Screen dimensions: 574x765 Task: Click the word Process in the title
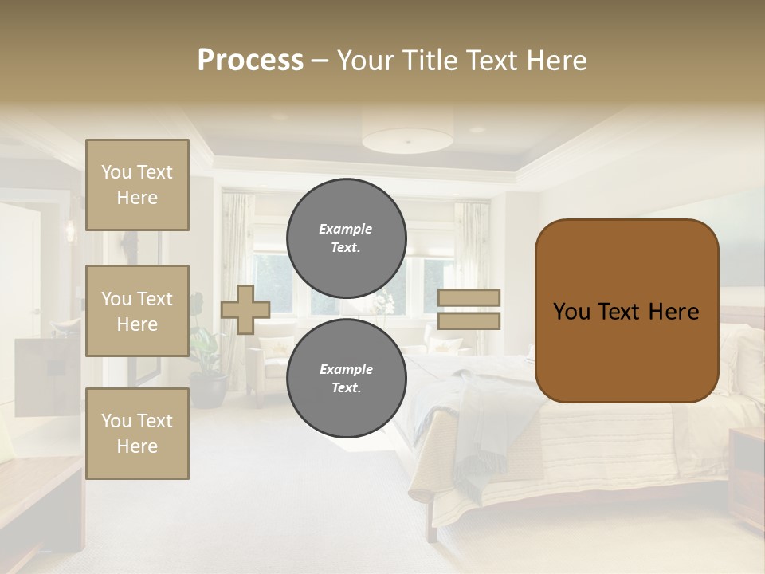(250, 61)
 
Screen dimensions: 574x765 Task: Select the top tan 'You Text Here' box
(137, 185)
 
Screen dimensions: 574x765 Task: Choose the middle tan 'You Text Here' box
(137, 311)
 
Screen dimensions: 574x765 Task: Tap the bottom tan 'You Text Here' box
(137, 434)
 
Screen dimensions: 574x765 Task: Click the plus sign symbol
(245, 309)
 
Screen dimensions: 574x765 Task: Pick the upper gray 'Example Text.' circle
(346, 238)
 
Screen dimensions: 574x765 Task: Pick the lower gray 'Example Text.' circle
(346, 378)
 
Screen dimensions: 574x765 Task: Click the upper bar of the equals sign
(469, 297)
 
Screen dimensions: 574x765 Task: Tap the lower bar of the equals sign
(469, 320)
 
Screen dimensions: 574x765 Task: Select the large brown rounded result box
(626, 311)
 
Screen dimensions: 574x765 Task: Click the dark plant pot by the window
(209, 391)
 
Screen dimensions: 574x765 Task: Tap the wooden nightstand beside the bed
(747, 478)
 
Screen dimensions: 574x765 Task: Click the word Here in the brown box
(673, 312)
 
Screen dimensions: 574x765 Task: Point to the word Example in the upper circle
(345, 229)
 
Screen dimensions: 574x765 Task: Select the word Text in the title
(490, 61)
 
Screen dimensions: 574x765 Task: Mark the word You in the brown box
(571, 312)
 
